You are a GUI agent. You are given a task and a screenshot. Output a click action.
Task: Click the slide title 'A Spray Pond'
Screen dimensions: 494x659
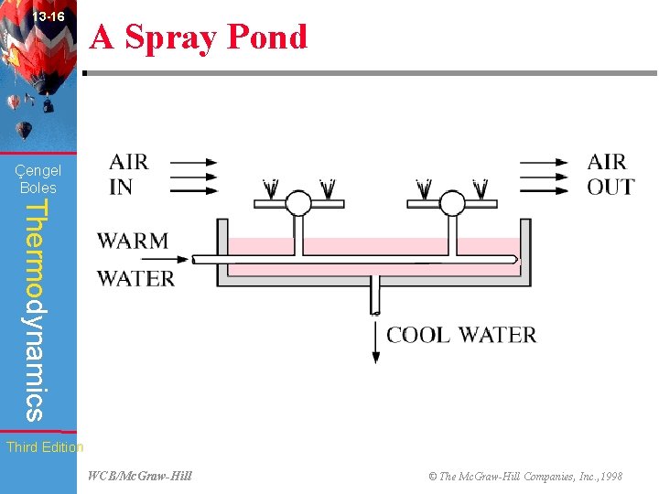pyautogui.click(x=199, y=38)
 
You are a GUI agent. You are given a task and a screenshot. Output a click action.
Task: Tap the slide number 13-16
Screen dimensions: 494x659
pyautogui.click(x=48, y=16)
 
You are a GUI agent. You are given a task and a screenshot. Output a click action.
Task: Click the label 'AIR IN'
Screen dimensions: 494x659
pyautogui.click(x=128, y=174)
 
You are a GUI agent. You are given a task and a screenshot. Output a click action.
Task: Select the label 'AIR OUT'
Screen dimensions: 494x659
pyautogui.click(x=610, y=174)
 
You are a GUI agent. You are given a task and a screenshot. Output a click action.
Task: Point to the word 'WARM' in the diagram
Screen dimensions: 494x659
pyautogui.click(x=134, y=242)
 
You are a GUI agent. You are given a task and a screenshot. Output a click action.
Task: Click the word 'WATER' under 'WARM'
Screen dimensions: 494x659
pyautogui.click(x=135, y=278)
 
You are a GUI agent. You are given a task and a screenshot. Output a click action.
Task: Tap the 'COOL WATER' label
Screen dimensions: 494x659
pyautogui.click(x=461, y=335)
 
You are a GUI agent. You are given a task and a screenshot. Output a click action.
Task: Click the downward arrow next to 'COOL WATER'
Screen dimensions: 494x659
pyautogui.click(x=375, y=342)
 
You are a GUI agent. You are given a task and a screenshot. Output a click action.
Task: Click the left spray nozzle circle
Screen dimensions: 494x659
pyautogui.click(x=298, y=202)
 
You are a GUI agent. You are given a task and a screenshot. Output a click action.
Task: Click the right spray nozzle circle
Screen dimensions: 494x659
pyautogui.click(x=452, y=202)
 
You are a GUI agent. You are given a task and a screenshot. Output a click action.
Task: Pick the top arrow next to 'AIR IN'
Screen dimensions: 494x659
pyautogui.click(x=194, y=163)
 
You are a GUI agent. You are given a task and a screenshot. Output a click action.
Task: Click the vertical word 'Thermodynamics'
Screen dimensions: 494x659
pyautogui.click(x=34, y=311)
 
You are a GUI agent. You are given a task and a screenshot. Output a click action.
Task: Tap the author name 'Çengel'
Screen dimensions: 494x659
pyautogui.click(x=38, y=170)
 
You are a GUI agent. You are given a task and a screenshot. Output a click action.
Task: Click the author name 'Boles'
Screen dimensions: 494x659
pyautogui.click(x=38, y=188)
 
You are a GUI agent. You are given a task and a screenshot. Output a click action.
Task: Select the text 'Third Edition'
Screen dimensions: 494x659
pyautogui.click(x=44, y=447)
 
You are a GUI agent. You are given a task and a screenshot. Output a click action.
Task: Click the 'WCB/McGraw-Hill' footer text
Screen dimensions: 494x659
pyautogui.click(x=139, y=476)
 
